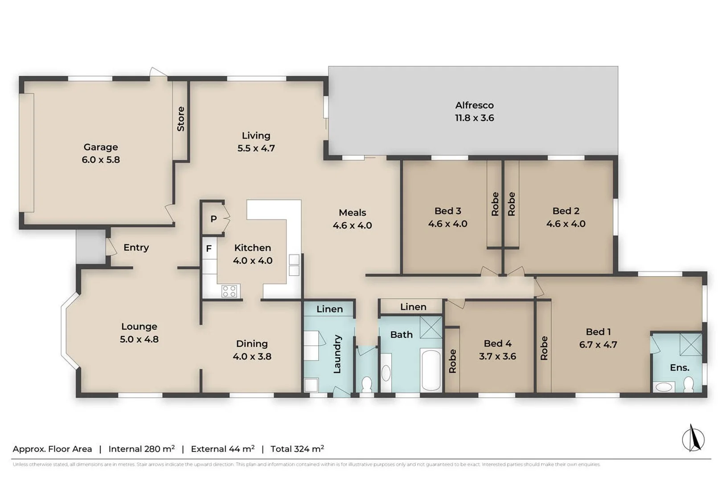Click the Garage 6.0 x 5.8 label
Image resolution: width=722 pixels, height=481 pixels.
[101, 153]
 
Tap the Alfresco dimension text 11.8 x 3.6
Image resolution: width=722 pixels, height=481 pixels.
[474, 118]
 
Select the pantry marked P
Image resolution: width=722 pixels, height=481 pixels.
[213, 219]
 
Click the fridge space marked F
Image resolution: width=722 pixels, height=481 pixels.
[209, 249]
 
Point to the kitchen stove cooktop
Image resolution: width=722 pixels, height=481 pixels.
[230, 291]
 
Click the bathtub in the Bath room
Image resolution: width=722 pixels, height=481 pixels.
[431, 370]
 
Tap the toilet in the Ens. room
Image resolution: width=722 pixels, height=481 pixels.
[689, 384]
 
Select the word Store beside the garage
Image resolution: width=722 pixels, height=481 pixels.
[180, 119]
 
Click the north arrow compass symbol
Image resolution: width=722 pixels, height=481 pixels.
[693, 439]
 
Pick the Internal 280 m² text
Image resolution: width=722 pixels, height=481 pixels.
[141, 449]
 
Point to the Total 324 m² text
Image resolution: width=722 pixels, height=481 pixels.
[297, 449]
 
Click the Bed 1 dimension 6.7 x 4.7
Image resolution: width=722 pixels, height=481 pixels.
[598, 345]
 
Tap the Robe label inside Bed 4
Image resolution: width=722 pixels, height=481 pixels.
[452, 361]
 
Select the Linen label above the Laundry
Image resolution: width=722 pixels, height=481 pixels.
[329, 309]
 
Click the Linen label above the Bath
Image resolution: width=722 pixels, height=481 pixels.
[413, 307]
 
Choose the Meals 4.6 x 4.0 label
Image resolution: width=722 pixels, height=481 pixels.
[352, 219]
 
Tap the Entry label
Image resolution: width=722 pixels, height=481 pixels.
[136, 248]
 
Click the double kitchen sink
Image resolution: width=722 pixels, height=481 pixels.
[294, 265]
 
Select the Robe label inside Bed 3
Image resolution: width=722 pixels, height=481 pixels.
[495, 204]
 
